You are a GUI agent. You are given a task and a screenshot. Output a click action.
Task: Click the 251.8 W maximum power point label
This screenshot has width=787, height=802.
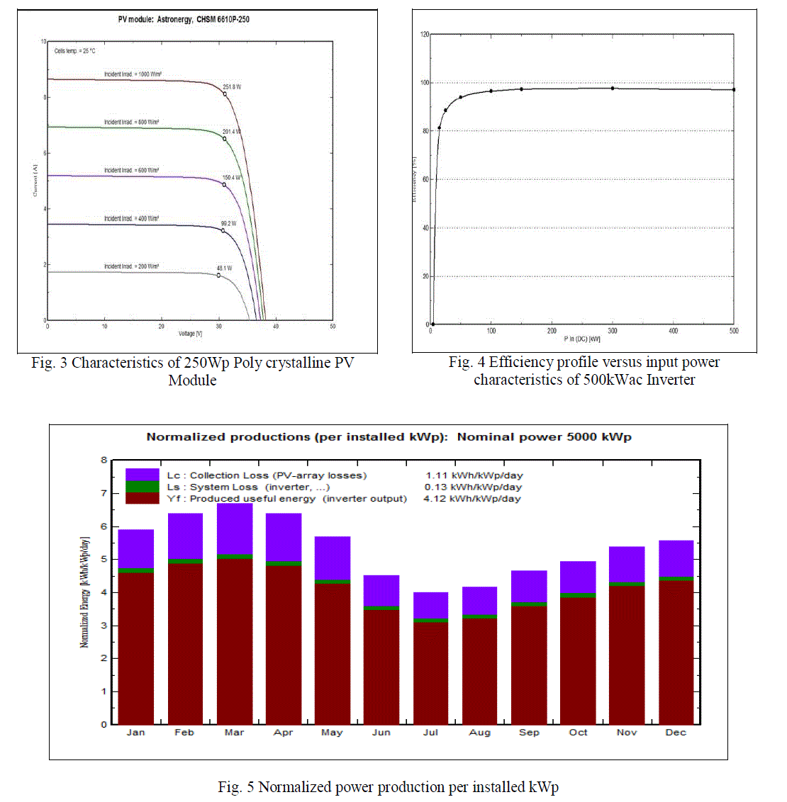232,87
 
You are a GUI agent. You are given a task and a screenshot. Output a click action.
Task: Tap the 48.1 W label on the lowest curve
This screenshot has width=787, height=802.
224,269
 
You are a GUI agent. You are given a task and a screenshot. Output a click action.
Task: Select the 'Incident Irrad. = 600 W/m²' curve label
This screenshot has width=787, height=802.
132,171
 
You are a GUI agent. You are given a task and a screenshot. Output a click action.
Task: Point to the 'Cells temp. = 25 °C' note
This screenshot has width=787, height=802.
75,51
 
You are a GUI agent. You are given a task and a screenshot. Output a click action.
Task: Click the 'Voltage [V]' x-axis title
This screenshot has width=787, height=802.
190,334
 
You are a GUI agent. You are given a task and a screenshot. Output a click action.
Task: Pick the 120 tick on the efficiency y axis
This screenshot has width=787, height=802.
425,34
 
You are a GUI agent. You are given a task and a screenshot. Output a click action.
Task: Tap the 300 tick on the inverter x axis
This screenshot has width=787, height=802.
613,331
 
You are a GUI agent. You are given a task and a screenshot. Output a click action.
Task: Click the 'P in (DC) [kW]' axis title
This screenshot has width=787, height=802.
582,339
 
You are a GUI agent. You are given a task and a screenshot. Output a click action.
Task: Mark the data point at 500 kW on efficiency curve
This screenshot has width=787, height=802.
734,90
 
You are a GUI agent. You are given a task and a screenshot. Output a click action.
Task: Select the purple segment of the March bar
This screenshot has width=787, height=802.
235,528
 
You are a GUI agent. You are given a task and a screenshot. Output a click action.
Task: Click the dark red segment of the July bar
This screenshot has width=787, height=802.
430,673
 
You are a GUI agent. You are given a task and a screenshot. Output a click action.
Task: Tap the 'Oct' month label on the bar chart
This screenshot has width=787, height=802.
578,733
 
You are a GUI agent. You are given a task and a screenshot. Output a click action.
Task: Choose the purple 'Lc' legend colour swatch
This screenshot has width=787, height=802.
143,475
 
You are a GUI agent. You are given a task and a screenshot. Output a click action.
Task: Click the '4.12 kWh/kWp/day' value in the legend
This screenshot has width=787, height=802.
472,499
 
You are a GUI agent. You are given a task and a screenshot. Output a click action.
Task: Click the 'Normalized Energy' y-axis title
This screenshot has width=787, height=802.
84,592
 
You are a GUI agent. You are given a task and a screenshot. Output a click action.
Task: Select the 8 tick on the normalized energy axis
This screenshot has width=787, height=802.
104,461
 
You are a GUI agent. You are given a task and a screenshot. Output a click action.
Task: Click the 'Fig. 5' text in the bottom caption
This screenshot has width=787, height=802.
235,787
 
